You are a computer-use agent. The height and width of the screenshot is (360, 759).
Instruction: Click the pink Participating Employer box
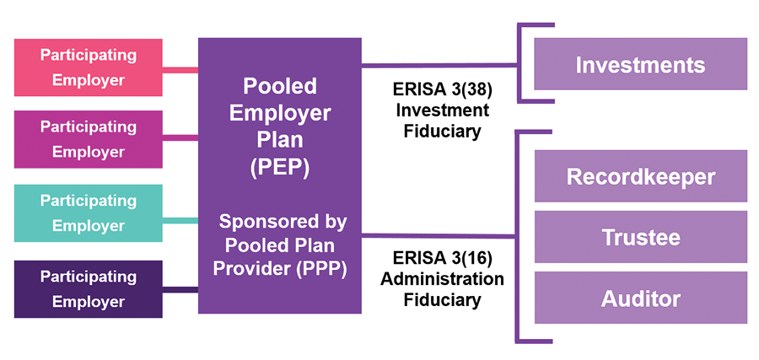[x=89, y=67]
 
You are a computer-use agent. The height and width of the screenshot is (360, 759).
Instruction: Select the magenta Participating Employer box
[x=89, y=139]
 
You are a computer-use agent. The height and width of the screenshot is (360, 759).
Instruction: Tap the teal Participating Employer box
[x=89, y=213]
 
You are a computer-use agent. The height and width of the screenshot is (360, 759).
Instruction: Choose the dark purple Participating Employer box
[x=89, y=289]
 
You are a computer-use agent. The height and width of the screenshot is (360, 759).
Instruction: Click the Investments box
[x=640, y=64]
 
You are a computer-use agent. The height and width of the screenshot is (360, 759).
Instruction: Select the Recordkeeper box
[x=640, y=176]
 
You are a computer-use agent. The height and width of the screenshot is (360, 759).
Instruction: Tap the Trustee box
[x=640, y=237]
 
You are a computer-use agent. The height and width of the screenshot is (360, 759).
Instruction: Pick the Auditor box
[x=640, y=298]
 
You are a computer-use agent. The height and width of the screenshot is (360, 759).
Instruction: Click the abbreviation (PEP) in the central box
[x=280, y=168]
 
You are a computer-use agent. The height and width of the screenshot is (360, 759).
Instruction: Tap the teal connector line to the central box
[x=180, y=221]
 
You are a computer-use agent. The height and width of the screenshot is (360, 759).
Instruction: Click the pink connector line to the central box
[x=180, y=69]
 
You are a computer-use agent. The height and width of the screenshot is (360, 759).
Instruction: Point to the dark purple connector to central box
[x=180, y=291]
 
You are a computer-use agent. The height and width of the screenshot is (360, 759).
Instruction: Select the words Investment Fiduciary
[x=441, y=121]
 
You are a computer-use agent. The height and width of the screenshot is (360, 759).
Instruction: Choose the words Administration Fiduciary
[x=441, y=288]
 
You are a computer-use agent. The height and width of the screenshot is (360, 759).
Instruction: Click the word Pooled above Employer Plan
[x=280, y=87]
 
